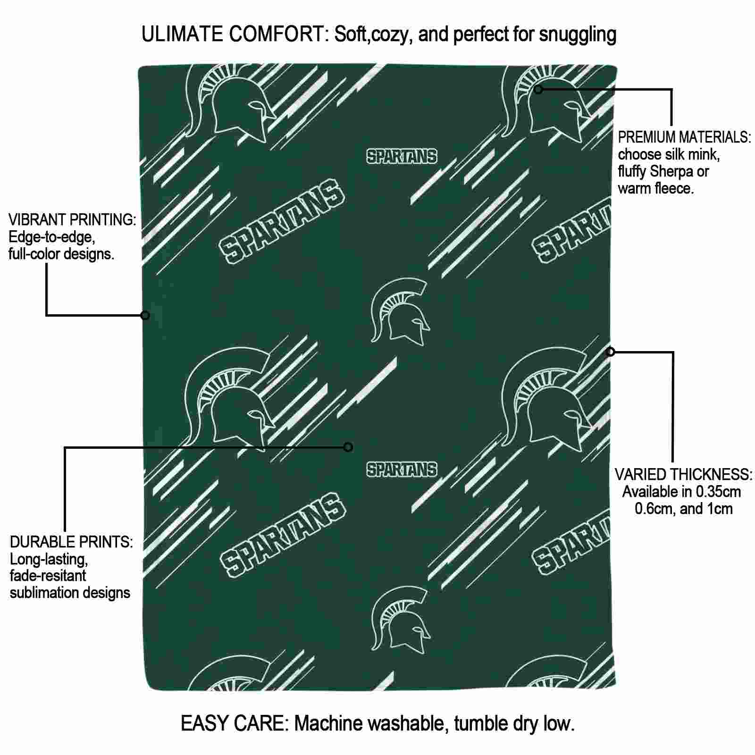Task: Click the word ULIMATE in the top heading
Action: [x=182, y=34]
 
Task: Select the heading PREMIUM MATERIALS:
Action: [x=684, y=137]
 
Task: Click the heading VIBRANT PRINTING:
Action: [x=72, y=219]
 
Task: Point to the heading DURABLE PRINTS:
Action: [x=71, y=542]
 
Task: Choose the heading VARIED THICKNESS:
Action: [x=684, y=474]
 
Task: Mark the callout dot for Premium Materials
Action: [x=538, y=89]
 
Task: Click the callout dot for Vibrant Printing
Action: [x=145, y=315]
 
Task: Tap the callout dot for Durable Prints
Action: [x=348, y=447]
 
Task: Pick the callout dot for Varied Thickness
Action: [x=611, y=352]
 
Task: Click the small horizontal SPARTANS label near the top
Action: [x=402, y=157]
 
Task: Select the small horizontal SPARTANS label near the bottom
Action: [x=402, y=470]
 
